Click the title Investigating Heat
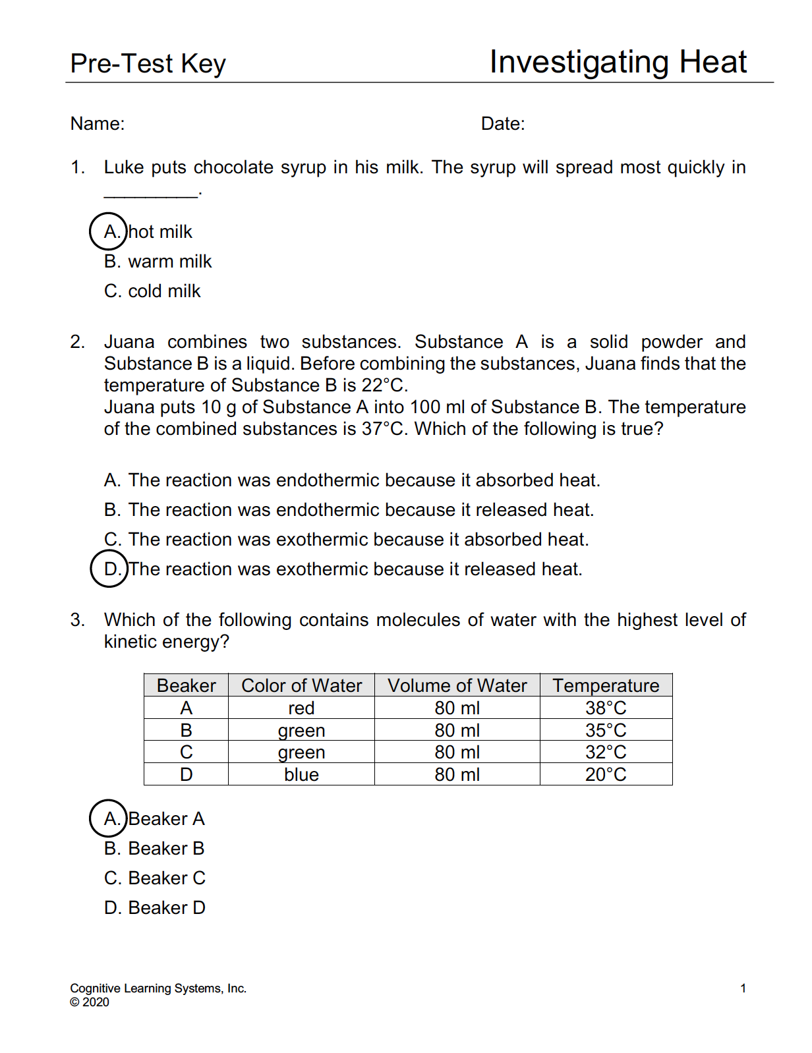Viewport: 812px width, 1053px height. pos(618,63)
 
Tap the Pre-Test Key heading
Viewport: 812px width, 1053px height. pos(148,64)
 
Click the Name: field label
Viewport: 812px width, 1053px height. pos(98,124)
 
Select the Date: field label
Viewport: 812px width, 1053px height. pos(503,124)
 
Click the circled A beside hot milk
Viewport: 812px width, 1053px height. pos(108,231)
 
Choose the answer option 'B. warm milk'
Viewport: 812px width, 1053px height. pos(158,262)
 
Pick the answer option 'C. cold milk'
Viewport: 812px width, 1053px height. pos(152,291)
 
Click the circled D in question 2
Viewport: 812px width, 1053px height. pos(109,569)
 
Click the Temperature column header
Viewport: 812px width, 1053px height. pos(606,685)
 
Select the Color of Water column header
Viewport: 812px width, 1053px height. pos(301,685)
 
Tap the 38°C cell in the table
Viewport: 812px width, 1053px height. pos(606,708)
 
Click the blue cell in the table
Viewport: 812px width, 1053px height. pos(301,774)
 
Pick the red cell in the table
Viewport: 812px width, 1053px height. pos(301,708)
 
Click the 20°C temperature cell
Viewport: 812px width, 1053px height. pos(606,774)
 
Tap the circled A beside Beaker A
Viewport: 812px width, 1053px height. pos(108,818)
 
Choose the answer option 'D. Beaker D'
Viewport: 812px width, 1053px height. pos(155,908)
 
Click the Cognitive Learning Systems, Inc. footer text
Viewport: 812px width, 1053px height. pos(158,988)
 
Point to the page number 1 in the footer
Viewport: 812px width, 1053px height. pos(743,988)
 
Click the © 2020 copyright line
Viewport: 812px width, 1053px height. pos(90,1002)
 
